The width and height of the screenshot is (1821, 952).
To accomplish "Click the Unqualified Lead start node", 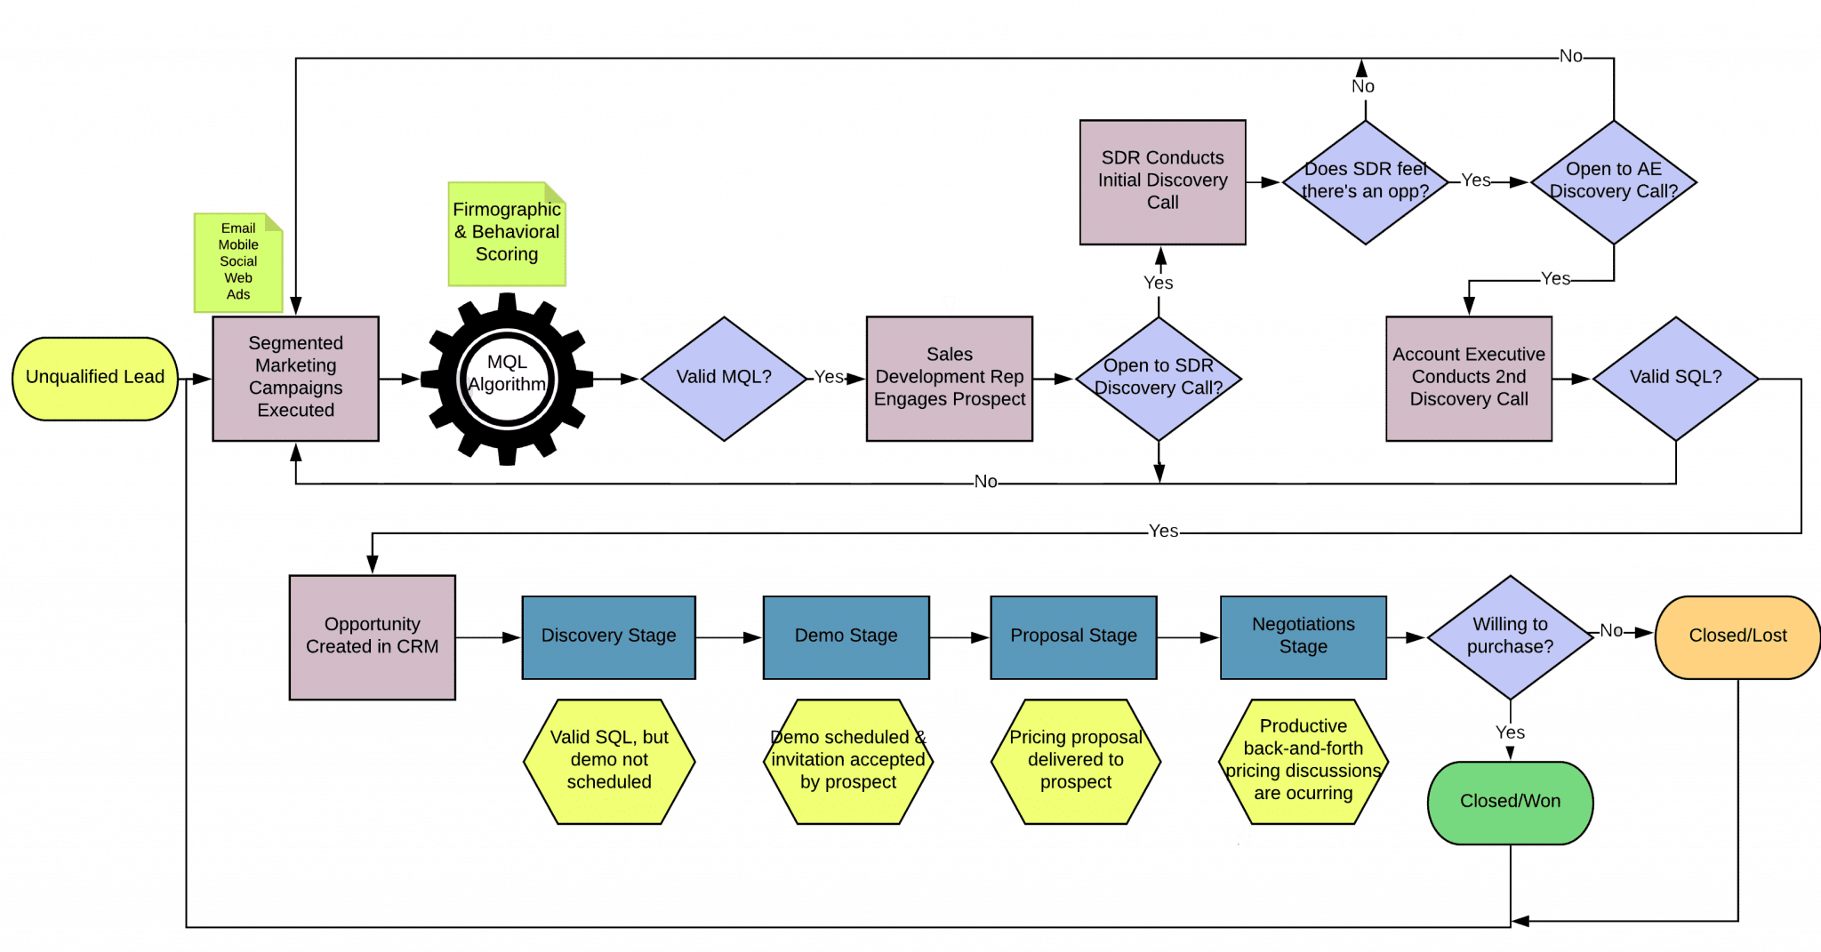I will [95, 378].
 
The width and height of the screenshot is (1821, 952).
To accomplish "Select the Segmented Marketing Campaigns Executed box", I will [295, 378].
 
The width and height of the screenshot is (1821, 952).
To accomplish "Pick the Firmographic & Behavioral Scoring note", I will [506, 233].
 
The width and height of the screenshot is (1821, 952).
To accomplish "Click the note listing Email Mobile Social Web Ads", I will [237, 262].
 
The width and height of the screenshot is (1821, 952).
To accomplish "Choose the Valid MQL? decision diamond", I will [723, 378].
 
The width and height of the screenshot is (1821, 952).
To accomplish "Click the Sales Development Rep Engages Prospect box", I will [949, 378].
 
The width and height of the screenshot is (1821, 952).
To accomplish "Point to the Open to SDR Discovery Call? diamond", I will [1158, 378].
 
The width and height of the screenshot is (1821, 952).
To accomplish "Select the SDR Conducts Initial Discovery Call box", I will [1162, 181].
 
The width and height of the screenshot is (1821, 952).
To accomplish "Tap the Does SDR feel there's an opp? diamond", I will [1365, 181].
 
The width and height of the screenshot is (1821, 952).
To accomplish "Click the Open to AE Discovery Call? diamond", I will [1613, 181].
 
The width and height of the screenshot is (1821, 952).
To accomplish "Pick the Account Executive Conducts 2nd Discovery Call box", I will [1468, 378].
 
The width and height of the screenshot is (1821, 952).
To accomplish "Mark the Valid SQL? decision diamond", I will [1675, 378].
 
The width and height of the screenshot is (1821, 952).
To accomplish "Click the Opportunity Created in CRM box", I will [372, 636].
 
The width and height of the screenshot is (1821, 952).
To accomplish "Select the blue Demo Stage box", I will [846, 636].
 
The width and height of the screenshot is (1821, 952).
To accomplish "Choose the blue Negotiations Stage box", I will [1303, 636].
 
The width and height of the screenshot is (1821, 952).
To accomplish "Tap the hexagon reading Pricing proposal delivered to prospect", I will [1075, 761].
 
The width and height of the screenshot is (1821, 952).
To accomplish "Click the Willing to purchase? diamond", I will [1510, 636].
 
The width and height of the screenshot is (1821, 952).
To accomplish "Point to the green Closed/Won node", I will [1510, 802].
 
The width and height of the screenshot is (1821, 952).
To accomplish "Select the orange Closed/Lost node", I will [1737, 636].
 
